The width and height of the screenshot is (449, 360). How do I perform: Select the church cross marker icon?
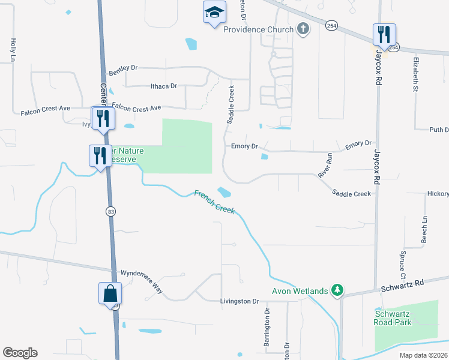[x=303, y=29]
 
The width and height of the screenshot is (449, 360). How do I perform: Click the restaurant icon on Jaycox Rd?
[x=384, y=35]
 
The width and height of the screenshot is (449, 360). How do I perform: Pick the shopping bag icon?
[x=110, y=294]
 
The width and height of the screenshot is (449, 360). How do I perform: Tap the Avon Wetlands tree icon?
[x=338, y=291]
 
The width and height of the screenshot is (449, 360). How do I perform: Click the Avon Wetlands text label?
[x=300, y=292]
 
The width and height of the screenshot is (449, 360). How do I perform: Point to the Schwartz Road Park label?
[x=393, y=318]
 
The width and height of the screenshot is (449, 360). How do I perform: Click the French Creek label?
[x=214, y=202]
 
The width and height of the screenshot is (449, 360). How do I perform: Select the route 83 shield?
[x=110, y=211]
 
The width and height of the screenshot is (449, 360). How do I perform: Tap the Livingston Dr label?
[x=238, y=301]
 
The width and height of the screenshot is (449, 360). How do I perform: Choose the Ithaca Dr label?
[x=163, y=86]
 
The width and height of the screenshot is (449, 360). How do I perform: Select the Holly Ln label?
[x=13, y=50]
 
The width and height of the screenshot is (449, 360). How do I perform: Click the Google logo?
[x=20, y=353]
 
